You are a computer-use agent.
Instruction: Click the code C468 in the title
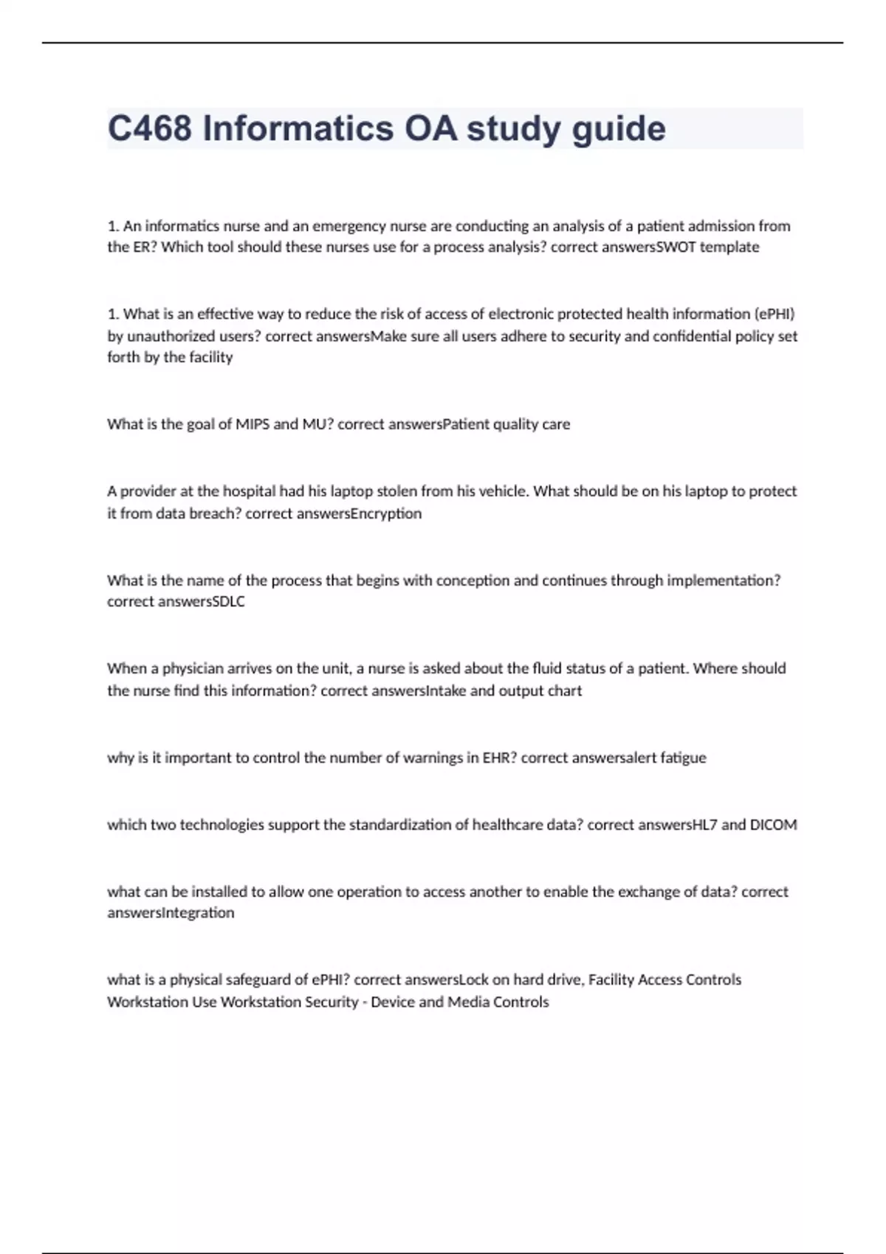point(150,128)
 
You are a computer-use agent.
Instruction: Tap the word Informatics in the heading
point(298,128)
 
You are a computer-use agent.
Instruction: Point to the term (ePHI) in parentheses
point(774,314)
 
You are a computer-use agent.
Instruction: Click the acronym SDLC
point(228,602)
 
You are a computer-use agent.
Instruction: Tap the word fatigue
point(683,758)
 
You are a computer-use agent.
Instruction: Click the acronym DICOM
point(773,825)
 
